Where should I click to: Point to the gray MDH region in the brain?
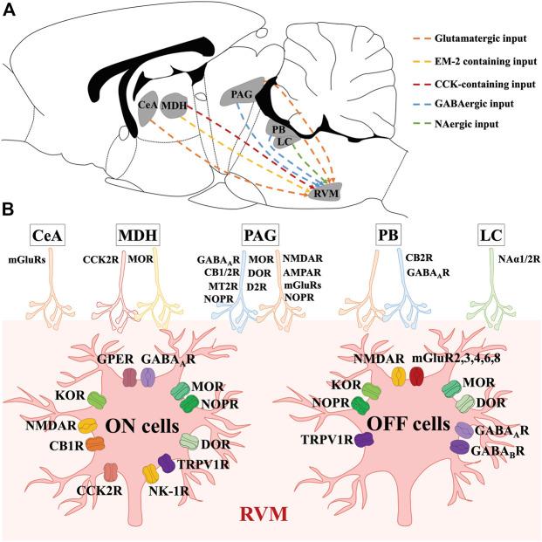pyautogui.click(x=175, y=105)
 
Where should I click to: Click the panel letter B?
pyautogui.click(x=8, y=210)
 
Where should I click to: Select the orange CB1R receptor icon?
pyautogui.click(x=93, y=443)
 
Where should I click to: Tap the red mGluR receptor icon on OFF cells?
pyautogui.click(x=415, y=375)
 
